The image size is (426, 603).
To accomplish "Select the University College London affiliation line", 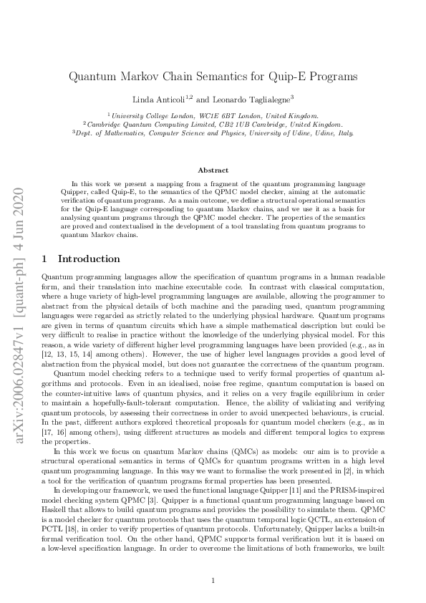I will click(213, 115).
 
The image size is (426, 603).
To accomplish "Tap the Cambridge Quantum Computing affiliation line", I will click(213, 123).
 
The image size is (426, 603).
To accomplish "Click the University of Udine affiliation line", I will click(213, 132).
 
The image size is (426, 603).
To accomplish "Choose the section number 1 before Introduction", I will click(45, 259).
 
